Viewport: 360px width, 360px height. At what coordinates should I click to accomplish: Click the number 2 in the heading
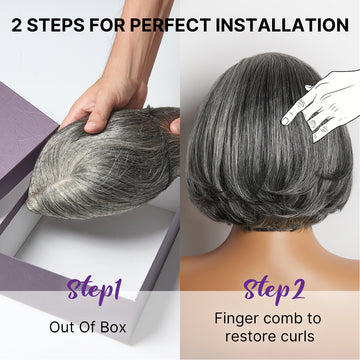tap(17, 23)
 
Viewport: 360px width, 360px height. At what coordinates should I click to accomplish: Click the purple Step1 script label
tap(94, 291)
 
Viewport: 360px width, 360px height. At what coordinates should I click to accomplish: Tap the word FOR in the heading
tap(108, 23)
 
